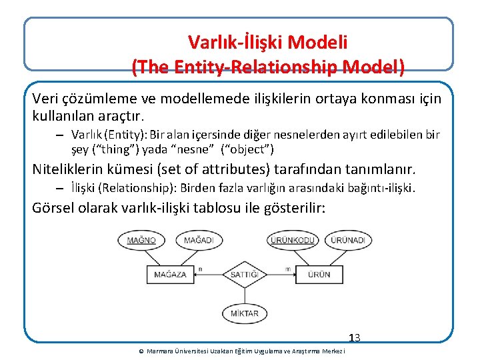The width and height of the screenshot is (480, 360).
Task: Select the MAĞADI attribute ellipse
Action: point(199,240)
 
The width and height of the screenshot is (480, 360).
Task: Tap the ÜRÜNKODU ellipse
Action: point(292,240)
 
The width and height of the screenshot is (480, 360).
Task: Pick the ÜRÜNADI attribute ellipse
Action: point(347,240)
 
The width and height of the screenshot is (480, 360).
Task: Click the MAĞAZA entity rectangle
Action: point(171,275)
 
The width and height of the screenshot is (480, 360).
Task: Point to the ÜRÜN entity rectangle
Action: point(318,275)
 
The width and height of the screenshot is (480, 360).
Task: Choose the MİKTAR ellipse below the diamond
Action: point(245,313)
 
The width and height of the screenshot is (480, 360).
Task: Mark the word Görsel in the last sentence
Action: point(54,208)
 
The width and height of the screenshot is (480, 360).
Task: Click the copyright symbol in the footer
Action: point(141,351)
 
